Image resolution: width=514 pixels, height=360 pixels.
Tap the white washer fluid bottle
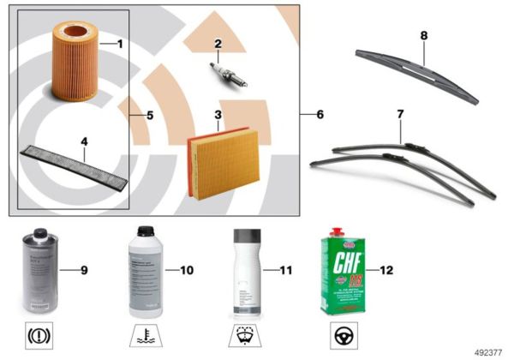click(245, 270)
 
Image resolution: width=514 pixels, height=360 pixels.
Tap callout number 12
click(385, 271)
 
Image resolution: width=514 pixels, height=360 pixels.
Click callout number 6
click(320, 114)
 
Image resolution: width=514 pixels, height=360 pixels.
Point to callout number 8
click(423, 37)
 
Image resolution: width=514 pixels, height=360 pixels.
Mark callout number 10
click(186, 271)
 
